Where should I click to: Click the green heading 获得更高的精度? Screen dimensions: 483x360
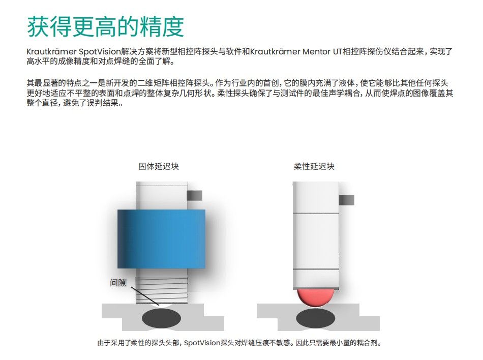105,26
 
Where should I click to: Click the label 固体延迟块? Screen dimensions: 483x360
159,166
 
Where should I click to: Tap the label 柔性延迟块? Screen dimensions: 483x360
314,166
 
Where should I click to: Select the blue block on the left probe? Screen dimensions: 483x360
161,239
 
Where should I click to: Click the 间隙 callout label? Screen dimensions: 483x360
118,283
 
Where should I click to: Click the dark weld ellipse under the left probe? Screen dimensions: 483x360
161,318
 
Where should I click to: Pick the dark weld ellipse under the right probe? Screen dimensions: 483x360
316,318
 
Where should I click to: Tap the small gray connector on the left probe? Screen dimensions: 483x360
195,196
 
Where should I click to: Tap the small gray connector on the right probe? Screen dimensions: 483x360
347,200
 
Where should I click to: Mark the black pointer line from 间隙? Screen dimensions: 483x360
145,296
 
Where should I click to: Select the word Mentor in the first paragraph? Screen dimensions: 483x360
316,51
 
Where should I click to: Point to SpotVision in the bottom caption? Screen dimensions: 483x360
202,343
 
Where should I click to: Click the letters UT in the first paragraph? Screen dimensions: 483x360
338,51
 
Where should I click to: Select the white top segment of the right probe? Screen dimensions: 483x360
316,197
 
